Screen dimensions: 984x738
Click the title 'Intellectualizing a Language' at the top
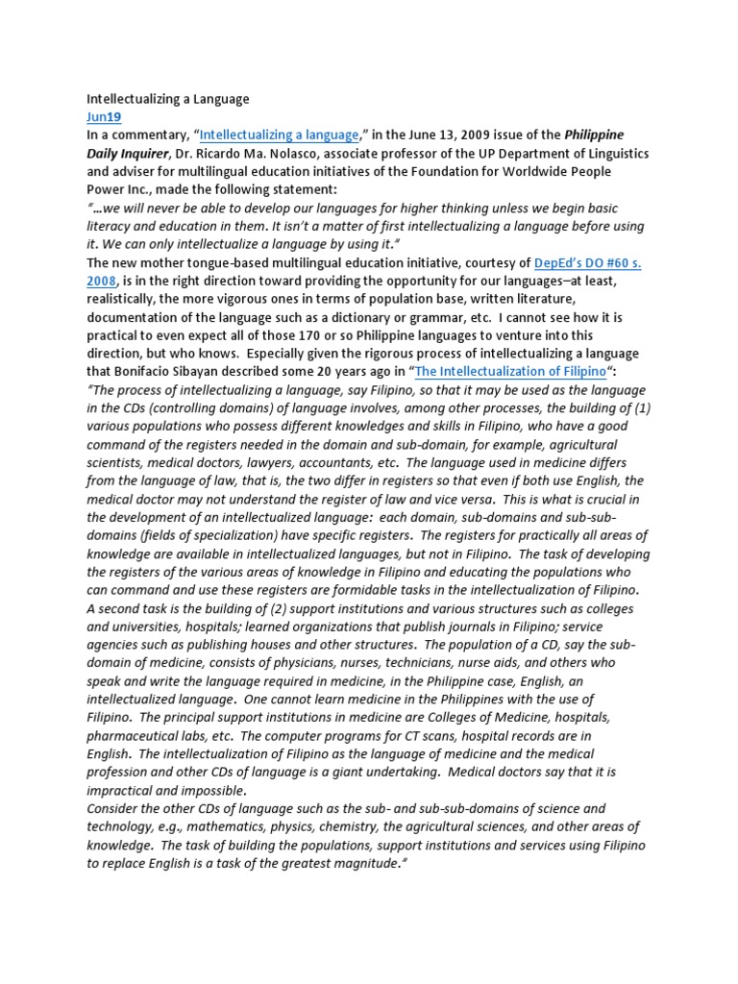pos(168,99)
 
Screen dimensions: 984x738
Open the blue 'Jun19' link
pos(104,117)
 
